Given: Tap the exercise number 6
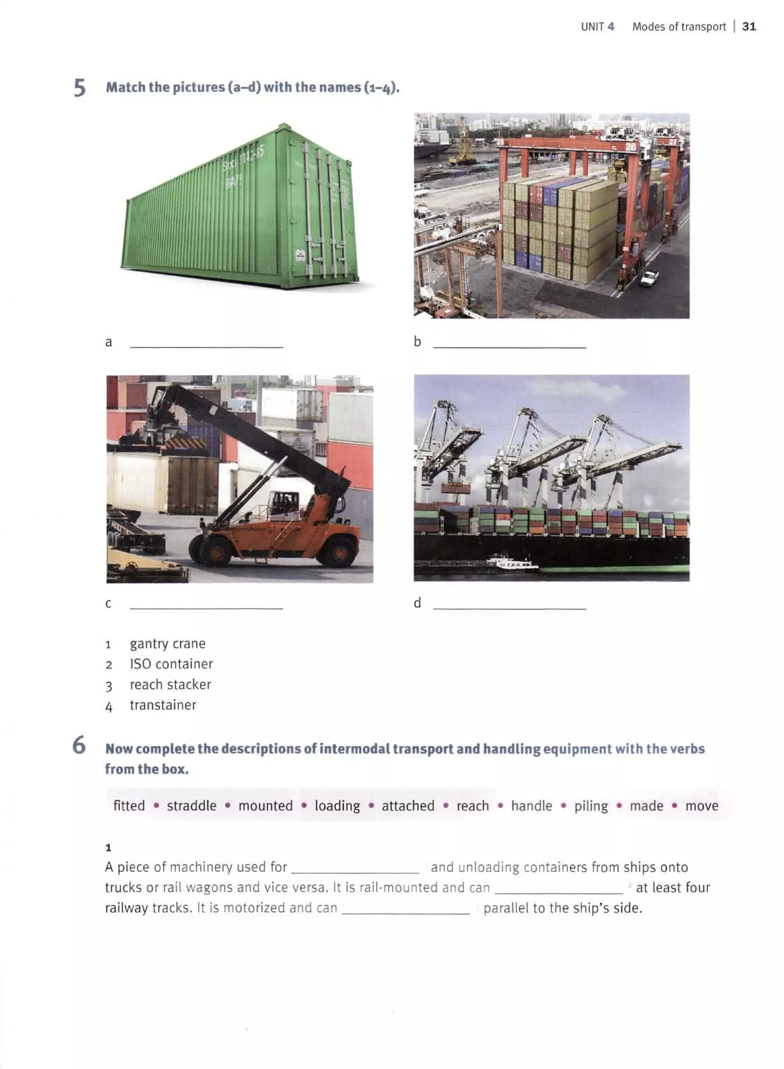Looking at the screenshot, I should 79,745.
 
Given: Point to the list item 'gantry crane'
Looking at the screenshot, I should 168,644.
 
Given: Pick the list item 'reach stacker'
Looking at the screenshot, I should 170,684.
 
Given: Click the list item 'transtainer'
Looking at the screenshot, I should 163,705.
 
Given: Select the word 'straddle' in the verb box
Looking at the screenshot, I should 191,806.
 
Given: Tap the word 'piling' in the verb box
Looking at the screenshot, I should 591,806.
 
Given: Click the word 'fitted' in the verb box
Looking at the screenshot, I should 129,806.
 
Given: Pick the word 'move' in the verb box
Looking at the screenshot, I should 701,806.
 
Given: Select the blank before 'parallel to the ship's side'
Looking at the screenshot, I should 406,909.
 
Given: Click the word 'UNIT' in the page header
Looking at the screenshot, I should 592,27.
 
